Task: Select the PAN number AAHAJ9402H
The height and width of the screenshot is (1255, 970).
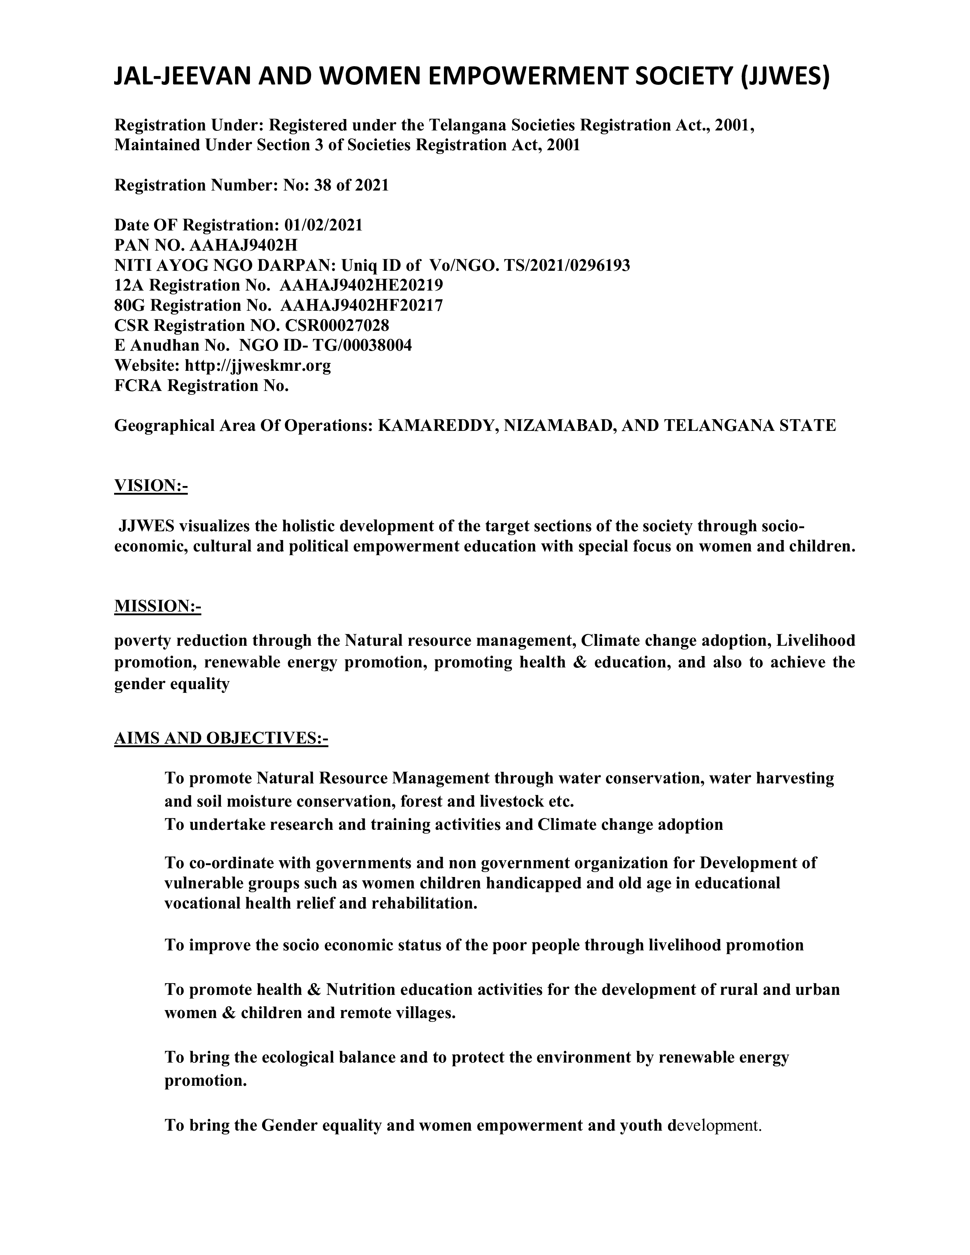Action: tap(244, 245)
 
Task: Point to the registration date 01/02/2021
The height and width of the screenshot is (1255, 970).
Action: tap(324, 225)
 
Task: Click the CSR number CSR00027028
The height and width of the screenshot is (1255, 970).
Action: tap(337, 326)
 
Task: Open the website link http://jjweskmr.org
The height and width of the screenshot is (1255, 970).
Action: tap(258, 365)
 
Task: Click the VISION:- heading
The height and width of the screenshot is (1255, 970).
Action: tap(151, 486)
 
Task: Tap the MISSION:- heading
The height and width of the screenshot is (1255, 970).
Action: tap(157, 606)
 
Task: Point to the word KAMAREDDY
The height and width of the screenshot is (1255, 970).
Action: tap(437, 426)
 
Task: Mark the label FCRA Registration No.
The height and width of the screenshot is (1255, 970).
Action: tap(201, 386)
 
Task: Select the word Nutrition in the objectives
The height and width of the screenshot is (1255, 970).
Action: tap(361, 990)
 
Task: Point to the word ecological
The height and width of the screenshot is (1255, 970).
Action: tap(298, 1057)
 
